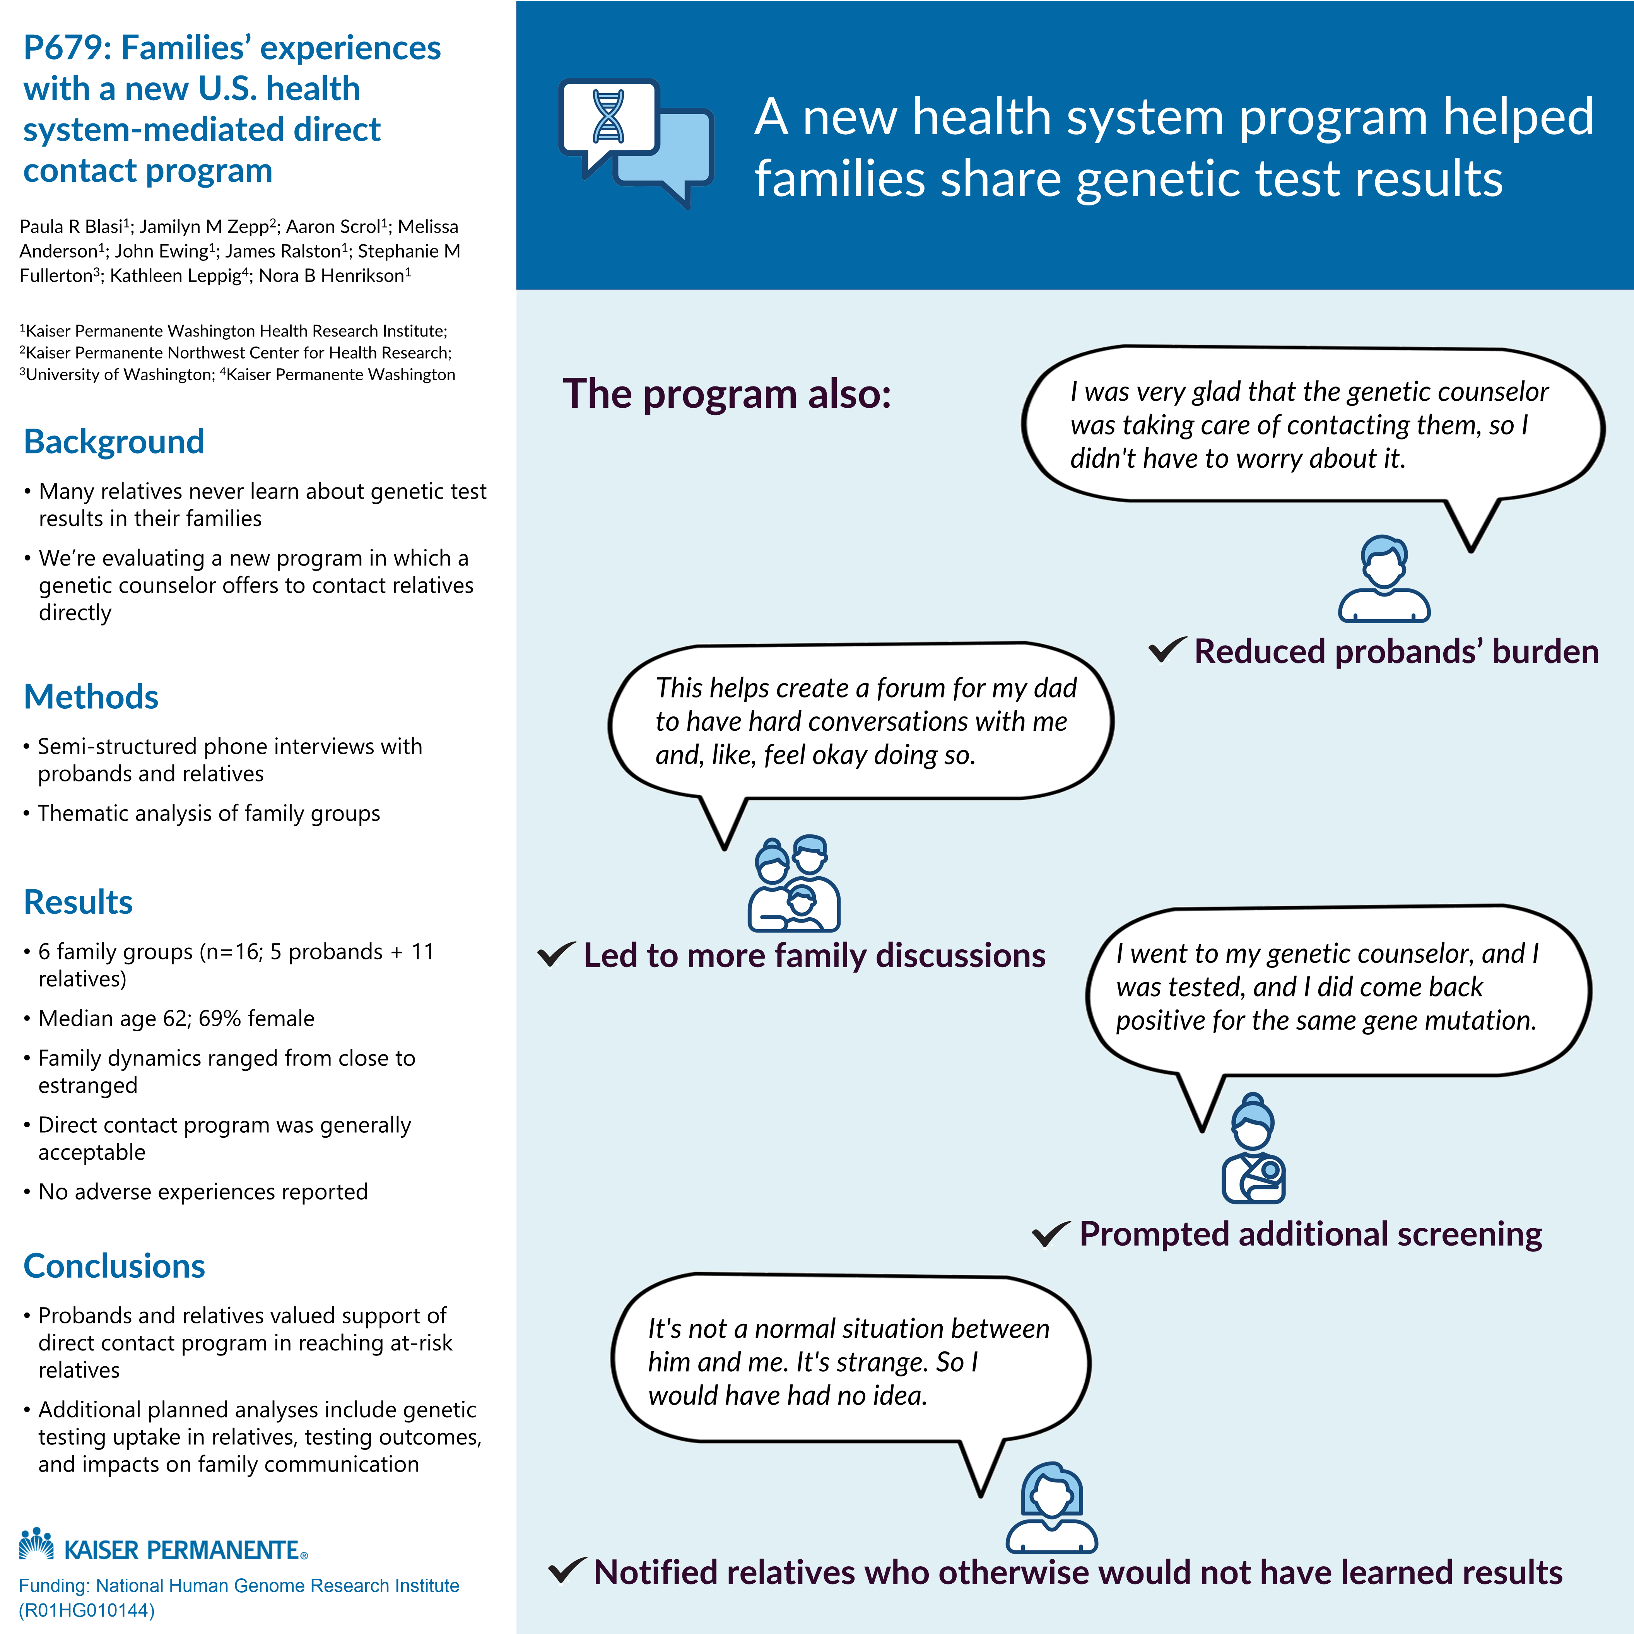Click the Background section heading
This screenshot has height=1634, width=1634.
[x=114, y=441]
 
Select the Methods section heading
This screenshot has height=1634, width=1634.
[x=91, y=697]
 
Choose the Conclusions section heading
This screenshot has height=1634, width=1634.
[x=114, y=1266]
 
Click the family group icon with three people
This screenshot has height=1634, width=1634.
[x=793, y=884]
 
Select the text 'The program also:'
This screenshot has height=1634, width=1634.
[x=726, y=394]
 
